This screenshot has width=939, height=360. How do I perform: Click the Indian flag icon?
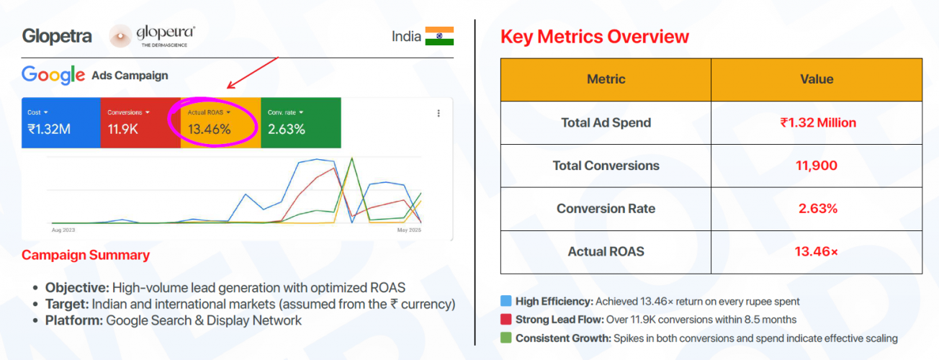pyautogui.click(x=439, y=36)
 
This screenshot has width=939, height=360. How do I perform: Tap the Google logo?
pyautogui.click(x=53, y=75)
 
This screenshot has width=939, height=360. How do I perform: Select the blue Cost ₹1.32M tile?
pyautogui.click(x=60, y=123)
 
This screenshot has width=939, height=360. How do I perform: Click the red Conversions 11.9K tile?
pyautogui.click(x=140, y=123)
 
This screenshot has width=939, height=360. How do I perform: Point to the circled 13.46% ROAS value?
pyautogui.click(x=210, y=130)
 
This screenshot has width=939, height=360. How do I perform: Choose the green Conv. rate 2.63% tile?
pyautogui.click(x=300, y=123)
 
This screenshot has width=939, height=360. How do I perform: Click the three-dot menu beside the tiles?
pyautogui.click(x=439, y=113)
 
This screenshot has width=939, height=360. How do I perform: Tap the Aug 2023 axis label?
pyautogui.click(x=63, y=230)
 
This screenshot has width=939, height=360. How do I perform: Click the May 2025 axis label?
pyautogui.click(x=408, y=230)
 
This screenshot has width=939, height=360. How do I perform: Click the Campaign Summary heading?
pyautogui.click(x=86, y=255)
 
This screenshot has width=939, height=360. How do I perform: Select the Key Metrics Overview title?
pyautogui.click(x=594, y=37)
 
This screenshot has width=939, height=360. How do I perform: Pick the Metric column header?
pyautogui.click(x=606, y=79)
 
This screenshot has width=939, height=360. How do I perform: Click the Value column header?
pyautogui.click(x=817, y=79)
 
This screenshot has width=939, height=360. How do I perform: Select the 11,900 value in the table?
pyautogui.click(x=817, y=166)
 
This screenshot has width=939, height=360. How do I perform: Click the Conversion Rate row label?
pyautogui.click(x=606, y=209)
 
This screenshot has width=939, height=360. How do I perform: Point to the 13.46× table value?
pyautogui.click(x=817, y=252)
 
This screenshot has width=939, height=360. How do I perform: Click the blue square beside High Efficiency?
pyautogui.click(x=506, y=302)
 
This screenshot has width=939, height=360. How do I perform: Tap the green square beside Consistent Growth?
pyautogui.click(x=506, y=338)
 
